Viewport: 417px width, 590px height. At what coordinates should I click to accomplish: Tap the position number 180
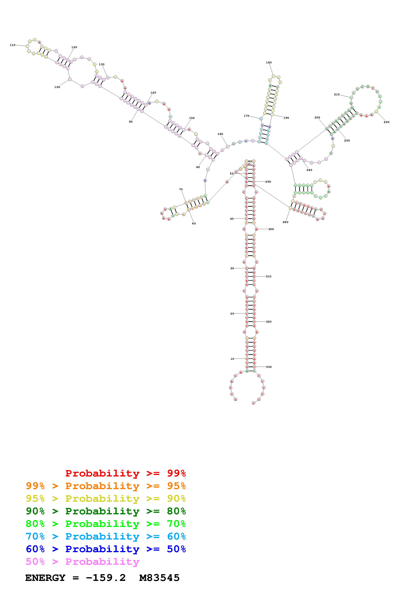tap(269, 62)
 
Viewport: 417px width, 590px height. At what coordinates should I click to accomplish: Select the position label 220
tap(386, 122)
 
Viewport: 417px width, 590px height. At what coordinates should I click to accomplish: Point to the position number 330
tap(269, 367)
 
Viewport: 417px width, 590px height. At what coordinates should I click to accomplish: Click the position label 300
tap(271, 229)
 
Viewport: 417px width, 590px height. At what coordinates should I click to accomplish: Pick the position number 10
tap(232, 359)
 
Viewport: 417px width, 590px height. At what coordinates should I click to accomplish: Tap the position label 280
tap(285, 222)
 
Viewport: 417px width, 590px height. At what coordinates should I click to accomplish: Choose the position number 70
tap(181, 189)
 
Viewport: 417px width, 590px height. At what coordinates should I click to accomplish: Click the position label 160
tap(220, 134)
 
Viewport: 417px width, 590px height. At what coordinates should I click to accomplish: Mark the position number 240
tap(309, 170)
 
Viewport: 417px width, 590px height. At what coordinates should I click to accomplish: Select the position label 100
tap(57, 87)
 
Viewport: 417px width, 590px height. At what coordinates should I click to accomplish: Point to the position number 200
tap(317, 117)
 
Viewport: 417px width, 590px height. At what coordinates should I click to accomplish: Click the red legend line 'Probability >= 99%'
tap(125, 473)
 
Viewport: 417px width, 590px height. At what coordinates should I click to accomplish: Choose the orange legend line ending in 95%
tap(106, 486)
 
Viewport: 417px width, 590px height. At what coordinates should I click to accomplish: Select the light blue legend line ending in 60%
tap(106, 537)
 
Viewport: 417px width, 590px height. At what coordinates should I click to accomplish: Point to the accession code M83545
tap(159, 578)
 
